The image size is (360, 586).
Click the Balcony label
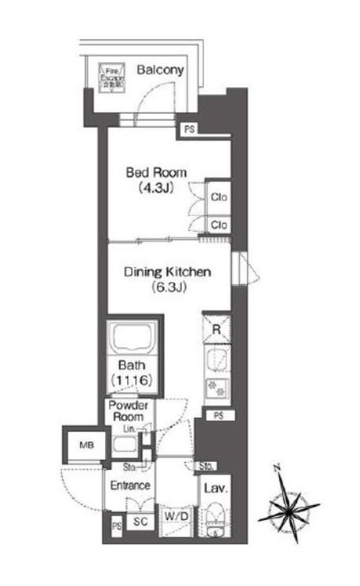tap(160, 70)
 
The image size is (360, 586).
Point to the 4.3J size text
tap(154, 189)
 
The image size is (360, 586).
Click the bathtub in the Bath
tap(132, 339)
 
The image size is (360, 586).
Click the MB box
tap(84, 446)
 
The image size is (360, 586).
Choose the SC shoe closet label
tap(142, 520)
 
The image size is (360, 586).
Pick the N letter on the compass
tap(277, 470)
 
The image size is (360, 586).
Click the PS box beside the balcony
tap(189, 129)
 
